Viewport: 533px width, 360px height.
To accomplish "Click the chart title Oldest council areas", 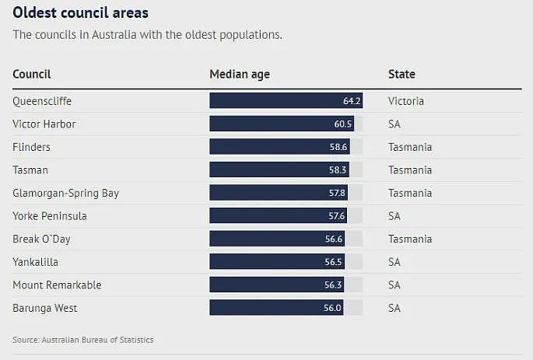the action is click(x=81, y=13).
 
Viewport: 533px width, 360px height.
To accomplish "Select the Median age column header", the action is click(x=240, y=75).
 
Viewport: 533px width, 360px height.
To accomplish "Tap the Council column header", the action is click(x=32, y=74).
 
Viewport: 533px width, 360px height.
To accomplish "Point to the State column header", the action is click(x=402, y=74).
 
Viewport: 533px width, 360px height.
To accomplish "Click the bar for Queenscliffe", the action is click(x=286, y=100).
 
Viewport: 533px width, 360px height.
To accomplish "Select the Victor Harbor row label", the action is click(x=44, y=124).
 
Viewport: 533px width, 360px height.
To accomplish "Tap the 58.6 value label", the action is click(x=338, y=147).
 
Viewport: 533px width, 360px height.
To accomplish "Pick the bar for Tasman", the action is click(x=279, y=170).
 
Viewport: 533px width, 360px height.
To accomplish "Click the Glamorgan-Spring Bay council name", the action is click(x=66, y=193).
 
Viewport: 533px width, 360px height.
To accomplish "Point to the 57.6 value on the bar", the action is click(x=336, y=216).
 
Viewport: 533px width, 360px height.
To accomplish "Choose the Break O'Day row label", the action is click(x=41, y=239).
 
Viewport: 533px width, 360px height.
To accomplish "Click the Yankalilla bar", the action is click(x=277, y=261).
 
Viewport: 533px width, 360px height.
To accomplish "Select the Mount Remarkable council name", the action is click(x=57, y=285).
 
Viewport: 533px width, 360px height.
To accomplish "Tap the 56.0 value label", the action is click(x=332, y=308).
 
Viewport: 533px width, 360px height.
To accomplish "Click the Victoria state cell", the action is click(x=406, y=101).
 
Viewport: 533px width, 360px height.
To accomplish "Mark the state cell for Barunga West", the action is click(x=394, y=308).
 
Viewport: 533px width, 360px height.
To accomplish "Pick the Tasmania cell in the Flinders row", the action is click(x=410, y=147).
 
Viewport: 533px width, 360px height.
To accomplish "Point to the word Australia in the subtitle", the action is click(x=114, y=35).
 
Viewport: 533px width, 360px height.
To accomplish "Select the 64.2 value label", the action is click(x=352, y=101).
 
